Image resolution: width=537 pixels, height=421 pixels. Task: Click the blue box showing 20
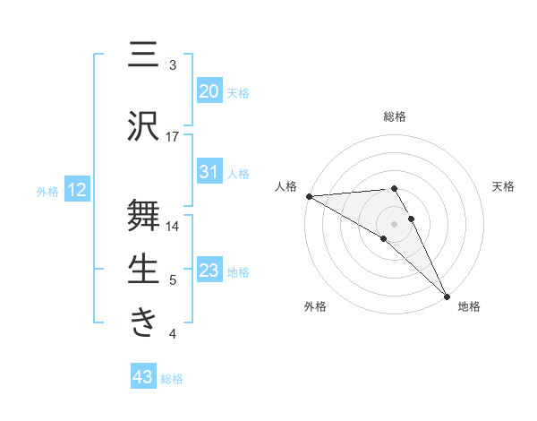point(209,90)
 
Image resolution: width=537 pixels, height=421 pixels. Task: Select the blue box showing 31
point(209,172)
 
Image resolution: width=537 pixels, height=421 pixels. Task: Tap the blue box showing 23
point(209,271)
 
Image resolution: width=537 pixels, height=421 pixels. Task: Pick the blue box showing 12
point(76,190)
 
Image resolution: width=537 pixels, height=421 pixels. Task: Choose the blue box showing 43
point(143,377)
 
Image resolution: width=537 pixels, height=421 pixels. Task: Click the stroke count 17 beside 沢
point(173,137)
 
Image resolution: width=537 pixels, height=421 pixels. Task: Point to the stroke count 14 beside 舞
point(173,227)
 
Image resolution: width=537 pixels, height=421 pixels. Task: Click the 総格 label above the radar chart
point(395,116)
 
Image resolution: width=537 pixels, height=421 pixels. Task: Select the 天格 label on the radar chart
point(503,186)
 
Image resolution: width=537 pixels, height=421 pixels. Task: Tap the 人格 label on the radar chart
point(286,186)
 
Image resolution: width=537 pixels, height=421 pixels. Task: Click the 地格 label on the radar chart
point(469,306)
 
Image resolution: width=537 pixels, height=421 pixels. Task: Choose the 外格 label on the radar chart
point(315,306)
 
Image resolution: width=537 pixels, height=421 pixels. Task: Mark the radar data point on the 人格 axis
point(309,196)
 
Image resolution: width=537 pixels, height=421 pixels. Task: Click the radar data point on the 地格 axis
point(447,295)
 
